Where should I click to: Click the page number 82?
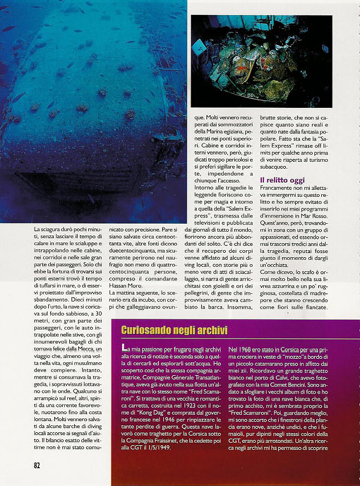click(x=36, y=465)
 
